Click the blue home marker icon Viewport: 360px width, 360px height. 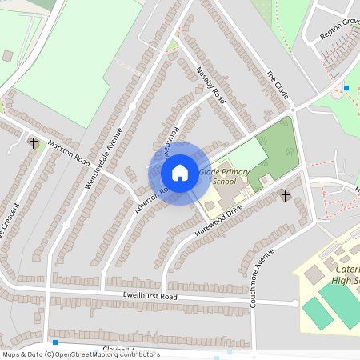180,173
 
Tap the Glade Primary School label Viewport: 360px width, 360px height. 224,177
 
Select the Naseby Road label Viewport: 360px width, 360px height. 212,86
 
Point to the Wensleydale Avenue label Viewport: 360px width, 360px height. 105,158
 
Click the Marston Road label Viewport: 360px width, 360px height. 69,149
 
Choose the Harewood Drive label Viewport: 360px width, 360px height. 218,217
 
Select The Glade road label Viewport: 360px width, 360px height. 278,83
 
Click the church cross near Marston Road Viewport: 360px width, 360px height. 34,143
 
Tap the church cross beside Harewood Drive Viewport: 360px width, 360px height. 285,195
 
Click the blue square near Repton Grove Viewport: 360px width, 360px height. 346,87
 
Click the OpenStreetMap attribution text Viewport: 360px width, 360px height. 80,354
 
